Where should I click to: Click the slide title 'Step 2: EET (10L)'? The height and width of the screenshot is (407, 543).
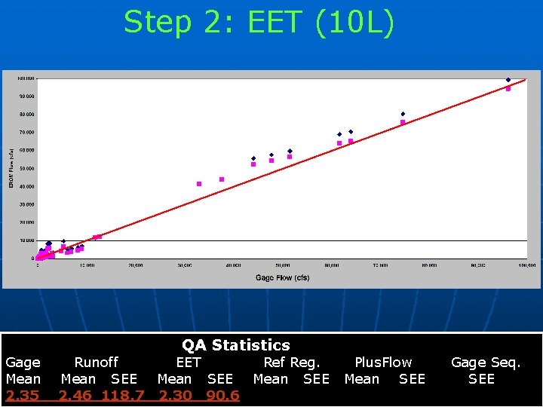pyautogui.click(x=259, y=22)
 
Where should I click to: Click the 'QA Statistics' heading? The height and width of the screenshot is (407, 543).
pyautogui.click(x=235, y=345)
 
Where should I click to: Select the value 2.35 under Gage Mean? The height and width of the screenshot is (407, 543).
pyautogui.click(x=23, y=396)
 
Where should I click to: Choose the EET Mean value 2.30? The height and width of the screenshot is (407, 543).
pyautogui.click(x=174, y=396)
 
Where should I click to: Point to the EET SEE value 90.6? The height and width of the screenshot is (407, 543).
pyautogui.click(x=222, y=396)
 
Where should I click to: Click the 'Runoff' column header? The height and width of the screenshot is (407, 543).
pyautogui.click(x=96, y=363)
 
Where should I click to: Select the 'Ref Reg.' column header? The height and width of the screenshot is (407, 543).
pyautogui.click(x=291, y=363)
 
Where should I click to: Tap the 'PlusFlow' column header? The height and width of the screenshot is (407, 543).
pyautogui.click(x=383, y=363)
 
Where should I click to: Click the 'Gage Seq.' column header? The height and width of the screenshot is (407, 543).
pyautogui.click(x=485, y=363)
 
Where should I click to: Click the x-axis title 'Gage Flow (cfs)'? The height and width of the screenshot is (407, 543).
pyautogui.click(x=282, y=278)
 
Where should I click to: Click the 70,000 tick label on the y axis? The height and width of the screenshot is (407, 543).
pyautogui.click(x=26, y=133)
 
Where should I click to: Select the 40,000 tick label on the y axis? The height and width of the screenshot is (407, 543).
pyautogui.click(x=26, y=186)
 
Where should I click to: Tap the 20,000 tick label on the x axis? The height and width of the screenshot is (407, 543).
pyautogui.click(x=136, y=265)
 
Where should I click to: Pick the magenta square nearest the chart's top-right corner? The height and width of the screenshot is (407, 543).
pyautogui.click(x=508, y=88)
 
